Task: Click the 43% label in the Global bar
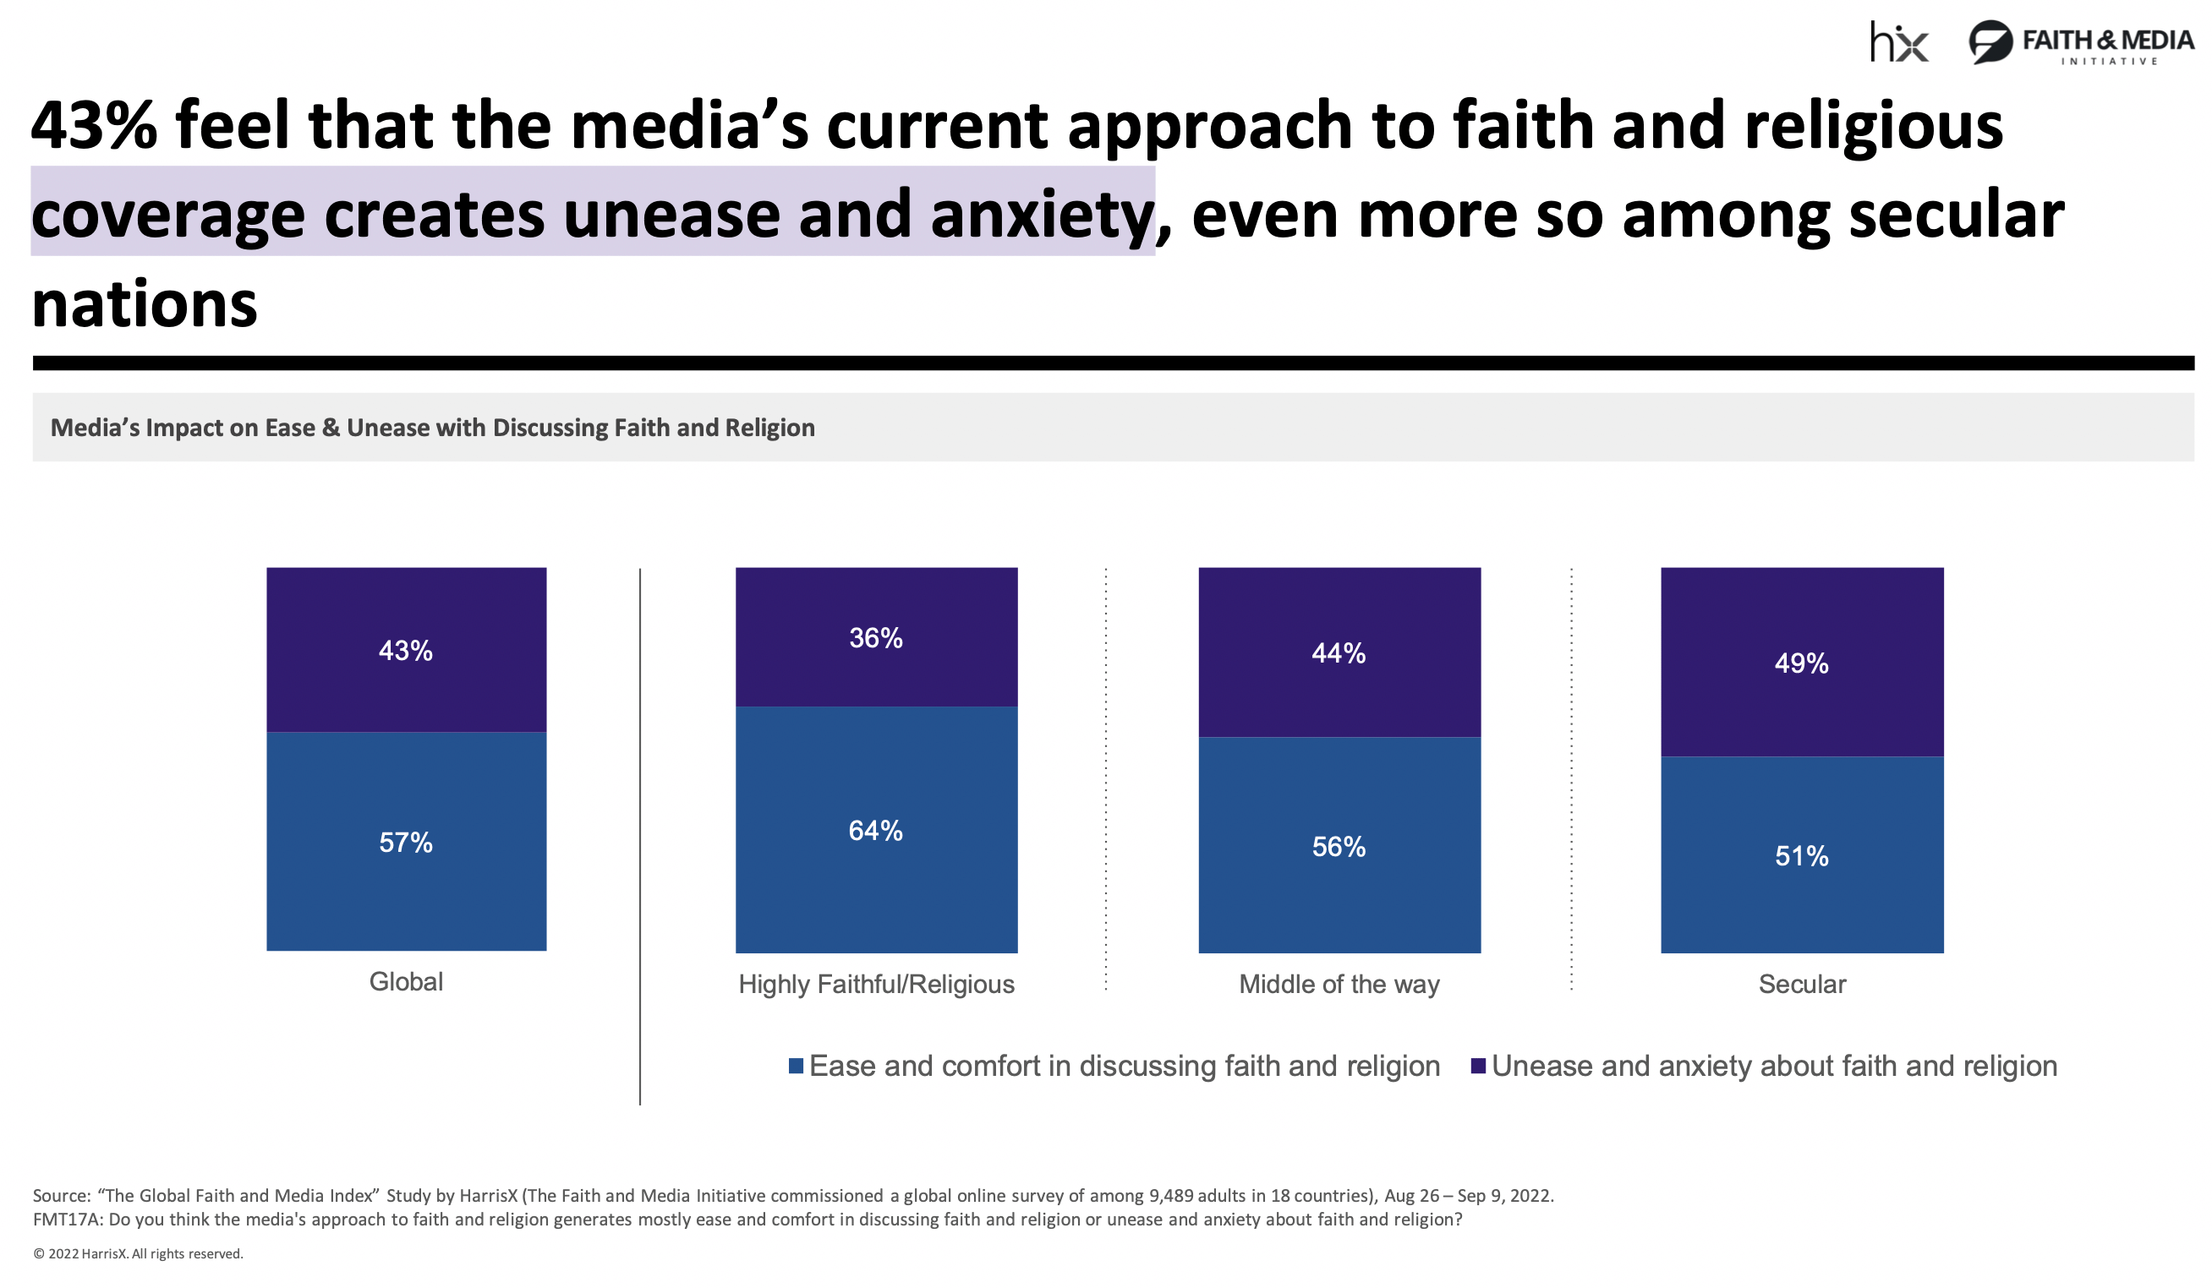(x=406, y=650)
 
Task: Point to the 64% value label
(x=875, y=830)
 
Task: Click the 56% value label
(x=1339, y=847)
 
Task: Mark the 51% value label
(x=1801, y=855)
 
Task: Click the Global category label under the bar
(x=406, y=981)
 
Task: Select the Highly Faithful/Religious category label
(x=876, y=984)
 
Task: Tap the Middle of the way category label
(x=1339, y=984)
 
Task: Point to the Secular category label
(x=1801, y=984)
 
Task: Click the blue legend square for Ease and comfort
(x=797, y=1065)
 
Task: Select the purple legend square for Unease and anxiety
(x=1478, y=1065)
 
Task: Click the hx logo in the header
(x=1897, y=42)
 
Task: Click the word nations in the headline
(x=145, y=304)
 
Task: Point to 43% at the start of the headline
(x=94, y=124)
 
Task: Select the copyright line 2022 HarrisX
(x=138, y=1254)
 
